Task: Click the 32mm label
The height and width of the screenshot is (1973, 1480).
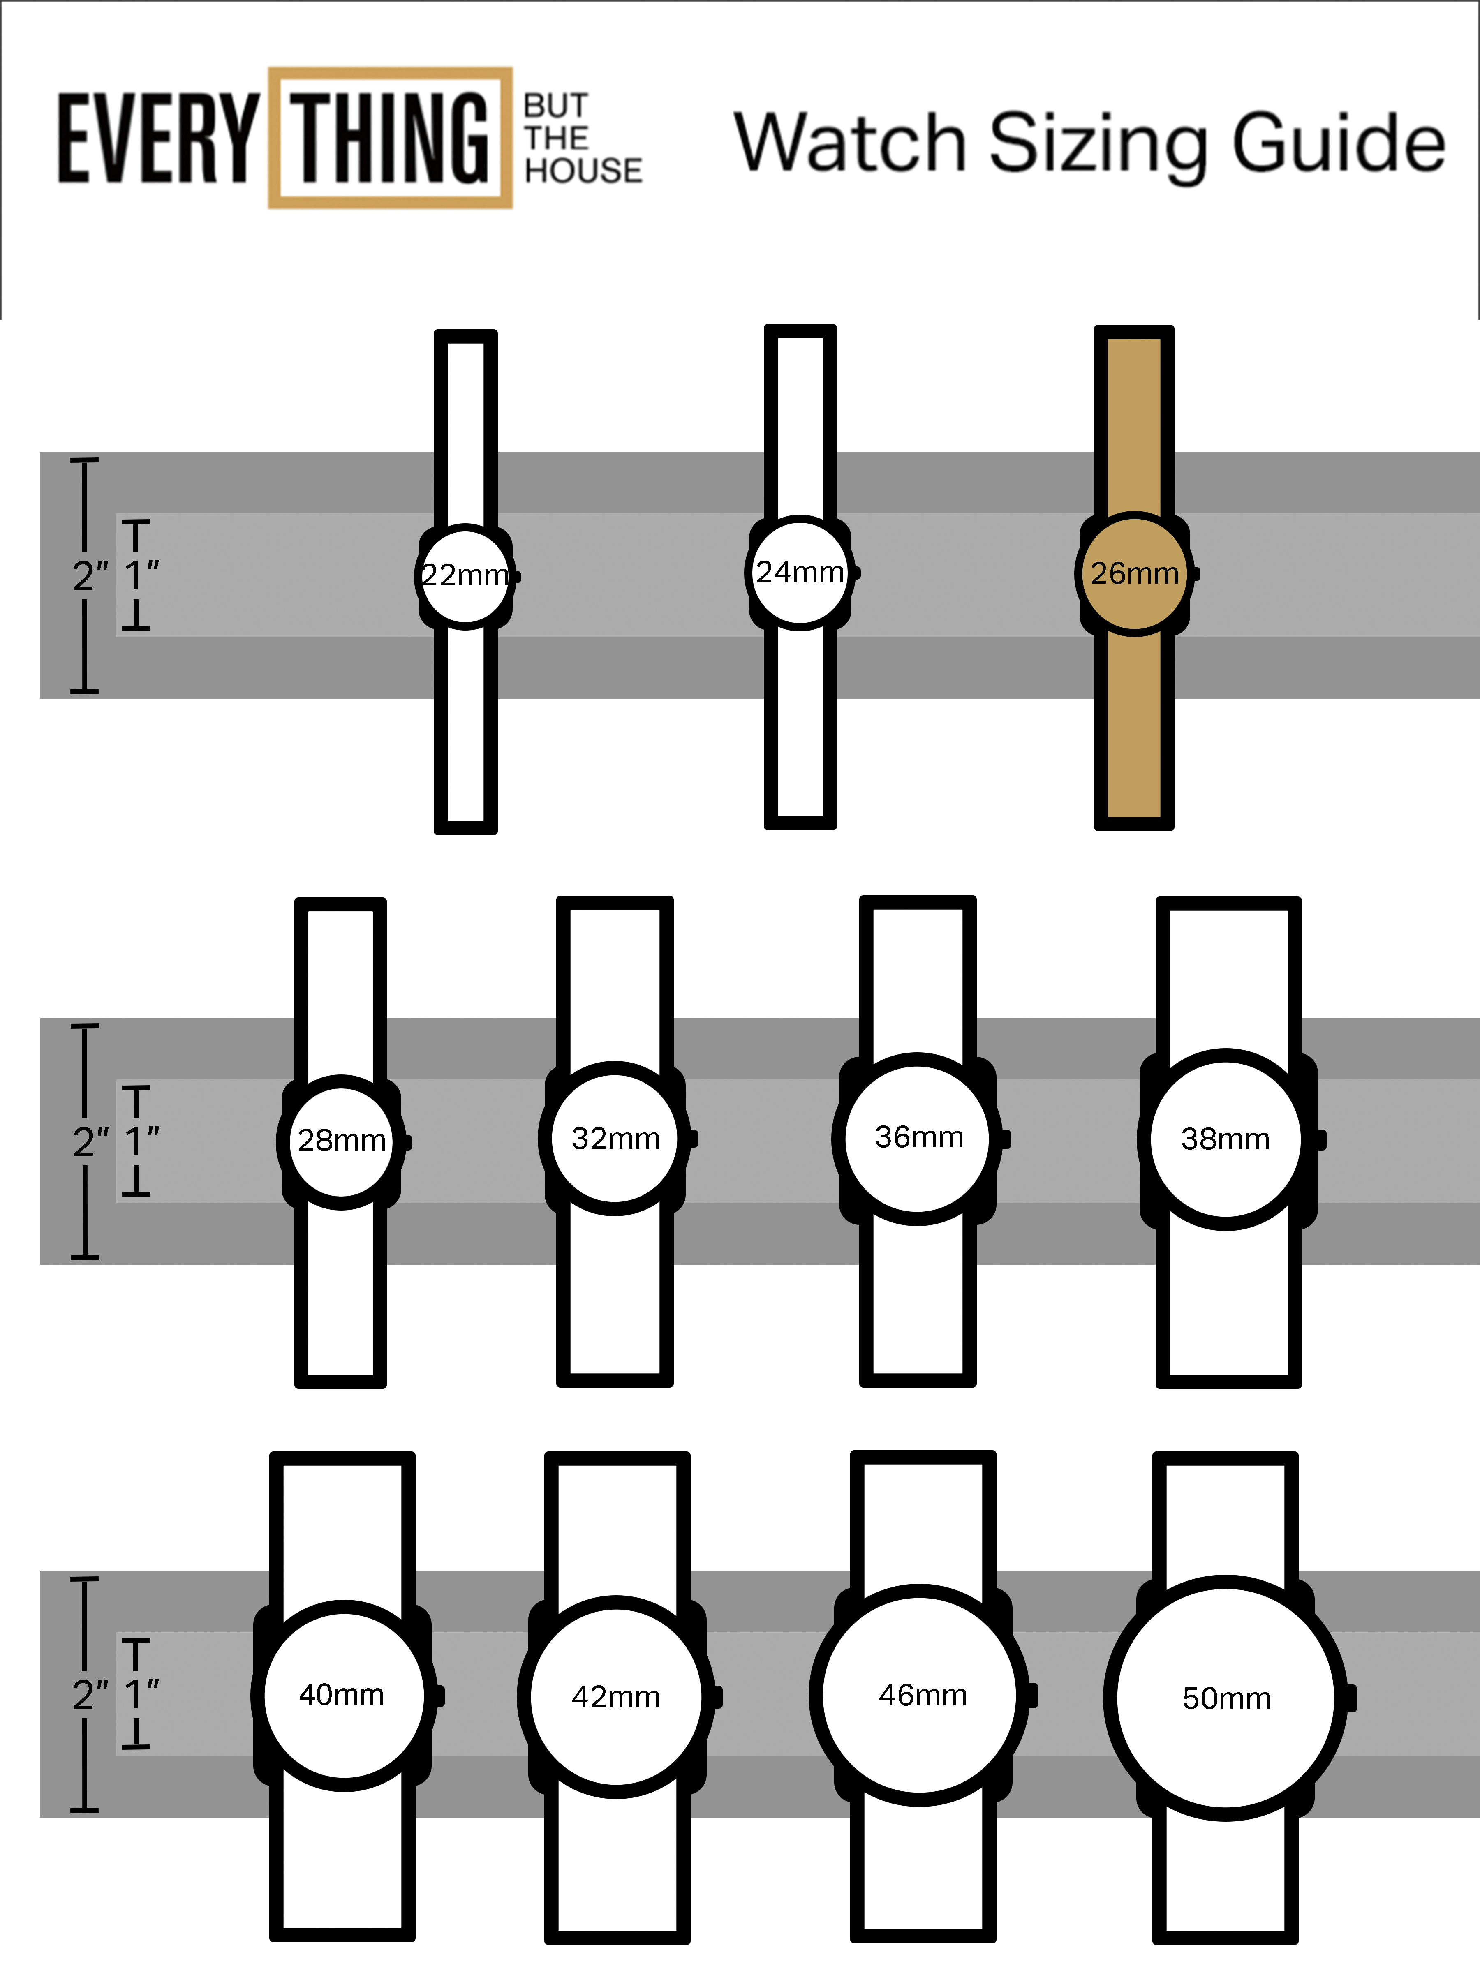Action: pyautogui.click(x=615, y=1139)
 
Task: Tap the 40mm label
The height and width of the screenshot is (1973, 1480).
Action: pyautogui.click(x=342, y=1695)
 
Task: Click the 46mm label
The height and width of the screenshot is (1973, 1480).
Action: pyautogui.click(x=923, y=1695)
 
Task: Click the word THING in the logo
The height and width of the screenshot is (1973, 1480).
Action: pyautogui.click(x=391, y=138)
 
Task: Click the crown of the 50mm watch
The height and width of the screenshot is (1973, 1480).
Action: pyautogui.click(x=1350, y=1698)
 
